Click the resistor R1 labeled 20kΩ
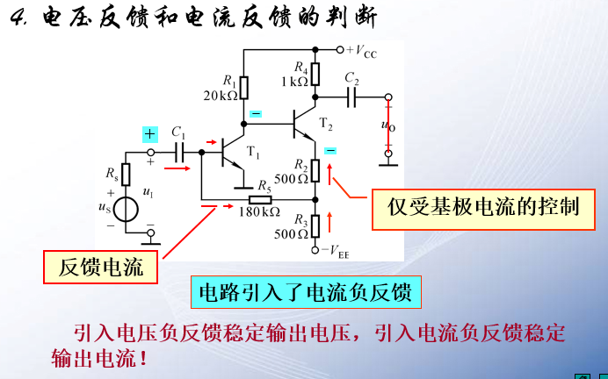click(244, 88)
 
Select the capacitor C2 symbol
click(353, 97)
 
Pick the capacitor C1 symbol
click(182, 151)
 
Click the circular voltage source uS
click(127, 210)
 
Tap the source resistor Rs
click(127, 175)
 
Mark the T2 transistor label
click(326, 123)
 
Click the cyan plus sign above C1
click(150, 134)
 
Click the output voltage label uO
click(387, 125)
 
